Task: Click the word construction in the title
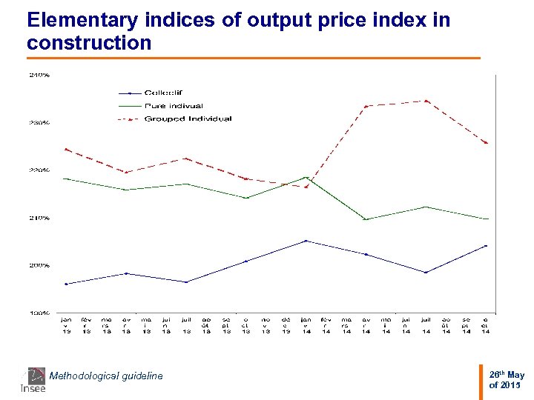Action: coord(89,43)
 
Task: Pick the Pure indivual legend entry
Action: coord(173,106)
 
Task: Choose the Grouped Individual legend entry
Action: coord(187,119)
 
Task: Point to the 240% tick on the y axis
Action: coord(39,75)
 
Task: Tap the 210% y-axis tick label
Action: coord(39,218)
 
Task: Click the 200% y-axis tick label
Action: coord(39,265)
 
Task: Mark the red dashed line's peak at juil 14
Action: coord(426,101)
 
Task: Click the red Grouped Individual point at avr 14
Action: coord(366,107)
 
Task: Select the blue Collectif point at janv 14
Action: coord(306,241)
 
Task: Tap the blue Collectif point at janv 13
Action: coord(66,284)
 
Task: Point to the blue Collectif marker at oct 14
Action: coord(486,246)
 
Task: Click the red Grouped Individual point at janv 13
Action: coord(66,149)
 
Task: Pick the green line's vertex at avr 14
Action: coord(366,219)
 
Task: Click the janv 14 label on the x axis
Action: coord(306,326)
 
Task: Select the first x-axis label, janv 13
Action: coord(66,326)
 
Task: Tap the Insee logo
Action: coord(33,379)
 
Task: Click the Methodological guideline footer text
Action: coord(105,376)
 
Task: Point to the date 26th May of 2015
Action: coord(507,380)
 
